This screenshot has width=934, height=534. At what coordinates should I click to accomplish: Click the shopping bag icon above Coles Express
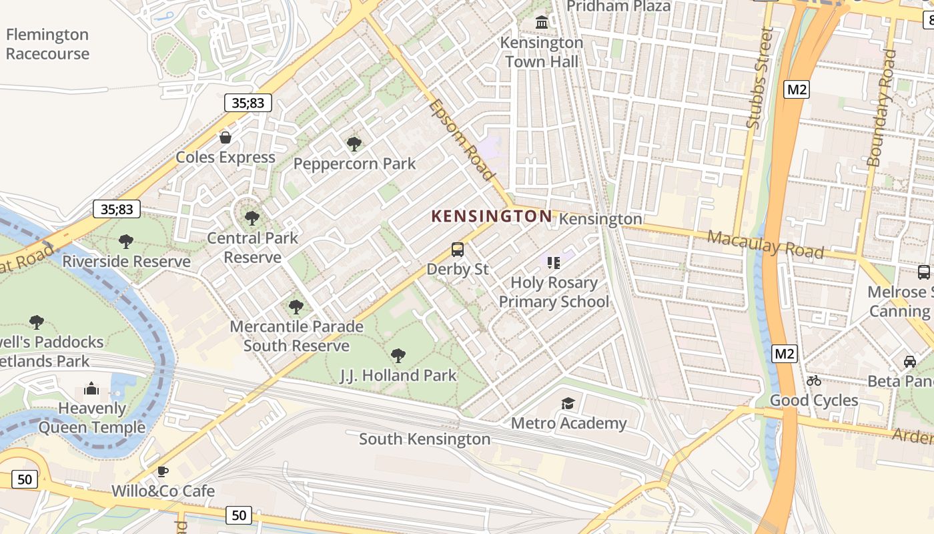tap(225, 138)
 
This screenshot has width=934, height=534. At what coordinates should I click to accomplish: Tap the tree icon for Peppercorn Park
tap(354, 144)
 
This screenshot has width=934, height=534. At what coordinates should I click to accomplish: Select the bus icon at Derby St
tap(458, 250)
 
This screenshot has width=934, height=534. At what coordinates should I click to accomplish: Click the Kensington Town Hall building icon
tap(542, 23)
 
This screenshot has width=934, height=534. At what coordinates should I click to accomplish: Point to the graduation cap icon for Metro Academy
tap(568, 403)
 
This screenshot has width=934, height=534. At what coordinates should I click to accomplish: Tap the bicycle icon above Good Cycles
tap(814, 380)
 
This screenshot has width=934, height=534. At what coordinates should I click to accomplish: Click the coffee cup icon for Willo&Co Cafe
tap(163, 471)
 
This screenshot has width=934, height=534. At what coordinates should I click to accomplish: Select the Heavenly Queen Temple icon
tap(91, 388)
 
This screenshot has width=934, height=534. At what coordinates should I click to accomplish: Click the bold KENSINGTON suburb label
tap(492, 216)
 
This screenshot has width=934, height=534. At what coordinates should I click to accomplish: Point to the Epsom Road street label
tap(462, 140)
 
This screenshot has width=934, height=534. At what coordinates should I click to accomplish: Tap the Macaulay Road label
tap(765, 244)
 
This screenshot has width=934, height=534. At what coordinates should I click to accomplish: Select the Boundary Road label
tap(881, 107)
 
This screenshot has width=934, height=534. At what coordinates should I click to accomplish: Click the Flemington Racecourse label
tap(47, 44)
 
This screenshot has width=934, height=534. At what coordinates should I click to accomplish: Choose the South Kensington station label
tap(425, 439)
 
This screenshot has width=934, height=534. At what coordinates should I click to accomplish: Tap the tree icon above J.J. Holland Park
tap(398, 355)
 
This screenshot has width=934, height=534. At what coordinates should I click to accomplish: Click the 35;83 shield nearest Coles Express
tap(248, 103)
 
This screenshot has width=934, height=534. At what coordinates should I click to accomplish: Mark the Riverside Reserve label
tap(127, 261)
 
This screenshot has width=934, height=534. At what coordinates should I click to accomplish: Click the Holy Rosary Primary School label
tap(554, 292)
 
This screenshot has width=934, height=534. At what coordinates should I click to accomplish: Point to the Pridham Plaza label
tap(618, 6)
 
